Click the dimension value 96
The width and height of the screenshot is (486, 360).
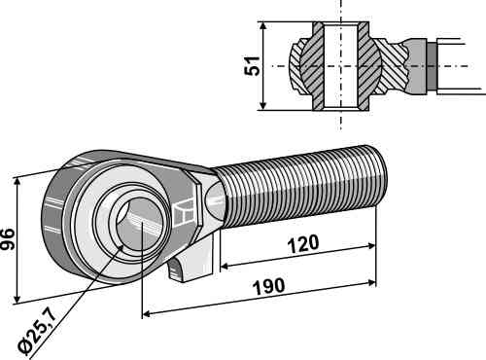coord(7,239)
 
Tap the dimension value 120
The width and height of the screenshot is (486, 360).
coord(303,244)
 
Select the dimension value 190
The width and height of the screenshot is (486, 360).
coord(268,287)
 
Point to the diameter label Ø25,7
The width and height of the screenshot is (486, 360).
coord(36,334)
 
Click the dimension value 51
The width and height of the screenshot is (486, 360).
coord(252,66)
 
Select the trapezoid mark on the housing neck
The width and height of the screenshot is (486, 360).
coord(184,212)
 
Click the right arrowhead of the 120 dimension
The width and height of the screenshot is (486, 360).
coord(371,246)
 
